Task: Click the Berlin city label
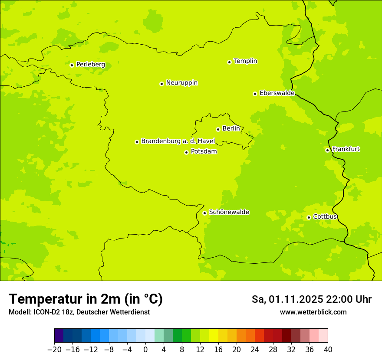tap(231, 129)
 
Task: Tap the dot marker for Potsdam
tap(186, 152)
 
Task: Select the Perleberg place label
tap(91, 65)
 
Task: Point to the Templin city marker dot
tap(229, 62)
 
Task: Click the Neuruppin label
tap(182, 83)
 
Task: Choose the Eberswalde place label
tap(277, 93)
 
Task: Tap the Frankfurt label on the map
tap(346, 149)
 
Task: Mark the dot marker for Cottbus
tap(309, 217)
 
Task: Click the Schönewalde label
tap(229, 212)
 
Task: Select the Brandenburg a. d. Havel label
tap(178, 141)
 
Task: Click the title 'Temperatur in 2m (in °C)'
tap(86, 299)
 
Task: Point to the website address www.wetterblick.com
tap(313, 312)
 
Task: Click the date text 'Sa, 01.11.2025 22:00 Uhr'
tap(312, 299)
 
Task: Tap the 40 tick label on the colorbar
tap(328, 350)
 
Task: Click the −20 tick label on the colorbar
tap(54, 350)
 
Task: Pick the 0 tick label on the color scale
tap(145, 350)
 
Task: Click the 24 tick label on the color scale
tap(255, 350)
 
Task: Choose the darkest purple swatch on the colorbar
tap(59, 336)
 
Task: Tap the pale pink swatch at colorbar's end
tap(323, 336)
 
